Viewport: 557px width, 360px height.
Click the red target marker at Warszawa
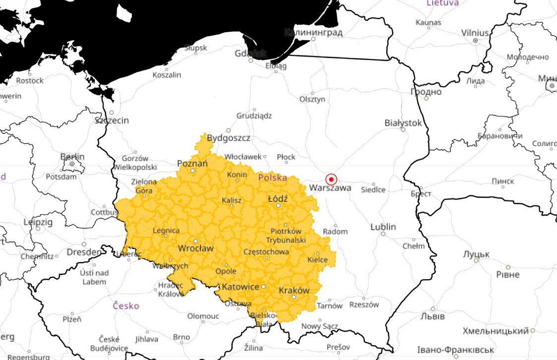(x=331, y=180)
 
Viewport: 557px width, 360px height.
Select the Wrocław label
(x=195, y=248)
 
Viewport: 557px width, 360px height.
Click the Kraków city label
(x=294, y=290)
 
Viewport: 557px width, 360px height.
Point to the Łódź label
(x=278, y=198)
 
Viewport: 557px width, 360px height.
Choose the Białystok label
(x=403, y=122)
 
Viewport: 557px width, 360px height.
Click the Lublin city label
(x=383, y=227)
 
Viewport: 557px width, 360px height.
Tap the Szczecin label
(x=112, y=120)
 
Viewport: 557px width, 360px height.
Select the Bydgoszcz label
(x=228, y=138)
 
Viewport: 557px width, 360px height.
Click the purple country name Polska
(x=272, y=177)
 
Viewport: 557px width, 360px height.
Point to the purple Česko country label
(x=125, y=305)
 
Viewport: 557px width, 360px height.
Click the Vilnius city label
(x=475, y=33)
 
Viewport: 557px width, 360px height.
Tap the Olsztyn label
(x=312, y=99)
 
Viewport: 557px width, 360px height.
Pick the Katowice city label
(x=240, y=287)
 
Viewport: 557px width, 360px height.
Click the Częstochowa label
(x=266, y=252)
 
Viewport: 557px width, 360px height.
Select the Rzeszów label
(x=364, y=304)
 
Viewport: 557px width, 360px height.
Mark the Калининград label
(x=313, y=33)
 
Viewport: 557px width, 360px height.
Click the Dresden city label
(x=83, y=252)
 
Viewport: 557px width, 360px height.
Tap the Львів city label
(x=433, y=316)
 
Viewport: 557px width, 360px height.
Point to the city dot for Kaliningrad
(x=313, y=39)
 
